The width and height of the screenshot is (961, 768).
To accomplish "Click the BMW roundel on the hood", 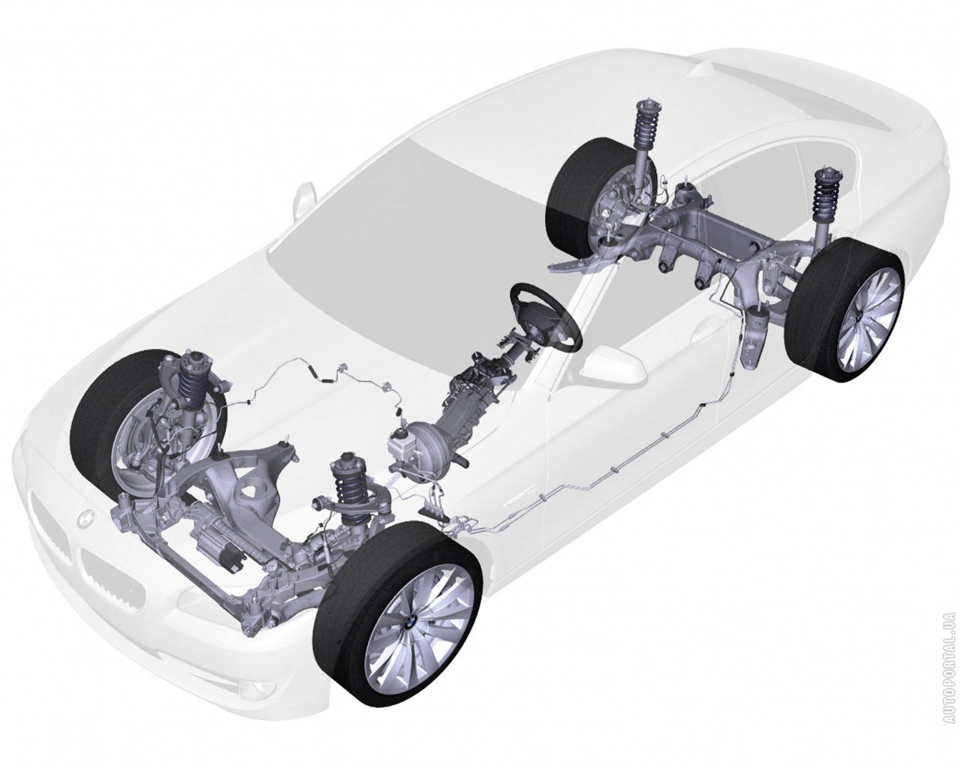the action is (84, 519).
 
